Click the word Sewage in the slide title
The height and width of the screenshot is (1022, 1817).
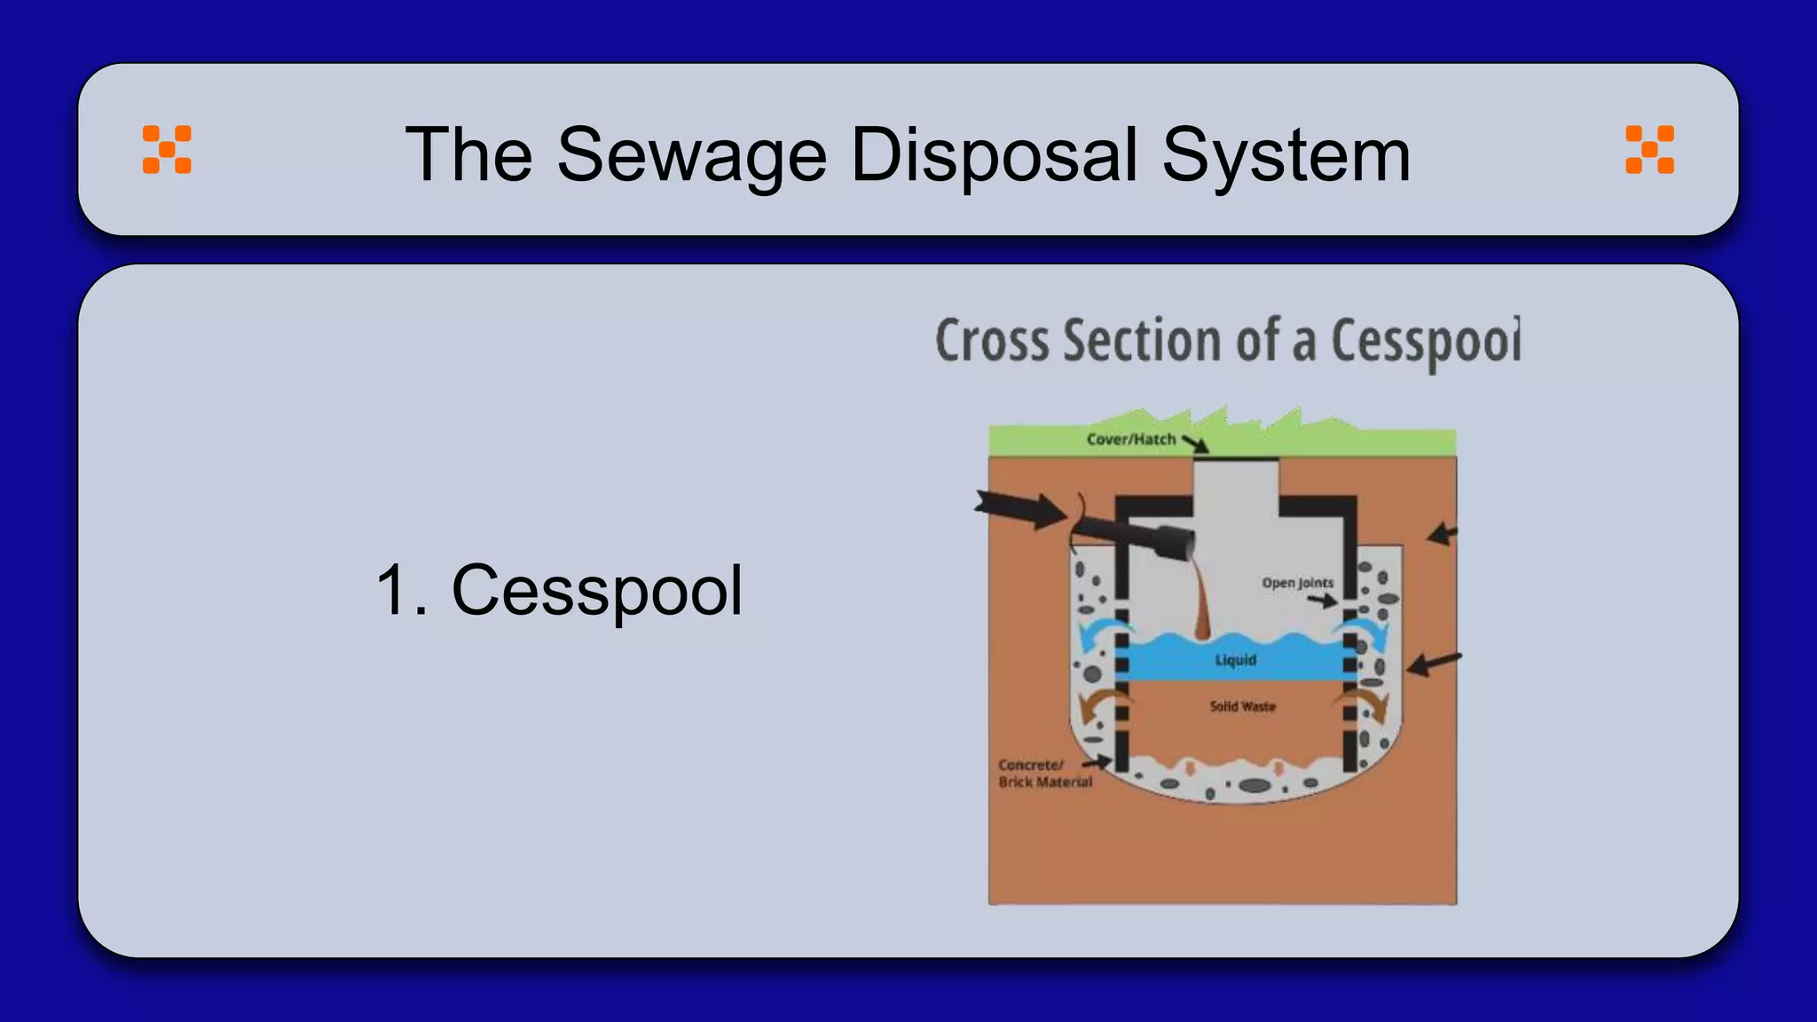pyautogui.click(x=691, y=155)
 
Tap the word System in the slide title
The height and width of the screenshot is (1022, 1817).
pyautogui.click(x=1286, y=155)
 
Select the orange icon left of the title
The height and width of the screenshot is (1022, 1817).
pyautogui.click(x=167, y=149)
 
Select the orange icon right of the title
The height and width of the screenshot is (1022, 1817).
pyautogui.click(x=1649, y=149)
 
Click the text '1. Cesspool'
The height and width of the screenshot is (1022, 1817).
pyautogui.click(x=559, y=591)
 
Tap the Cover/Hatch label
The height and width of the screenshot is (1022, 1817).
pyautogui.click(x=1130, y=439)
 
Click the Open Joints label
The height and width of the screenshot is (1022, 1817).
pyautogui.click(x=1297, y=583)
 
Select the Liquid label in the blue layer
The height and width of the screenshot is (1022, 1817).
pyautogui.click(x=1235, y=660)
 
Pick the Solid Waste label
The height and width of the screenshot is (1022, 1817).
pyautogui.click(x=1242, y=706)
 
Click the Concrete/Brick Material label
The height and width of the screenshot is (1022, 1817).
pyautogui.click(x=1043, y=774)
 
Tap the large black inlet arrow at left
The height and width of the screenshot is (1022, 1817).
pyautogui.click(x=1020, y=509)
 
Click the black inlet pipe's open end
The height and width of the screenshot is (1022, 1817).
pyautogui.click(x=1178, y=542)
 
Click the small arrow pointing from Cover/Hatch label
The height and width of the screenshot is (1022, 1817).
pyautogui.click(x=1195, y=444)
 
